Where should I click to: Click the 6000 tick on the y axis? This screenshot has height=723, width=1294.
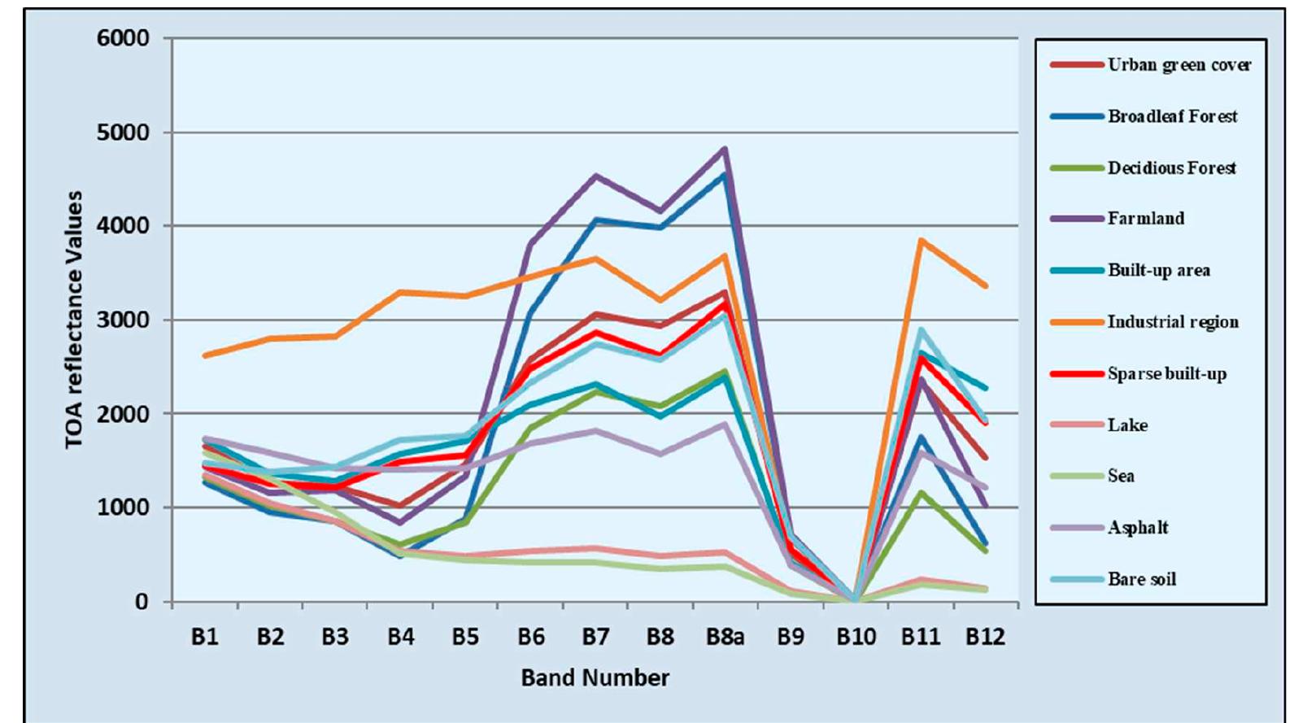click(x=123, y=38)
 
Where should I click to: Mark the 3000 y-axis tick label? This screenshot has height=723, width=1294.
click(x=123, y=320)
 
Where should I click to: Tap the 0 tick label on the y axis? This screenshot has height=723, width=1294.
click(x=142, y=602)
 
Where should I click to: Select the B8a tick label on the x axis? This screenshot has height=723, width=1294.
click(x=725, y=637)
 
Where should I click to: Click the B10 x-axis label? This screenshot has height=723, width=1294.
click(x=856, y=637)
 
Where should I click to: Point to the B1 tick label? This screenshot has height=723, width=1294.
click(x=205, y=637)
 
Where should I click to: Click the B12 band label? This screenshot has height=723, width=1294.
click(x=985, y=637)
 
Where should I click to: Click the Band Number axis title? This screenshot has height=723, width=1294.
click(x=595, y=677)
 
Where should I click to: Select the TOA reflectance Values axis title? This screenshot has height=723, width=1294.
click(x=74, y=320)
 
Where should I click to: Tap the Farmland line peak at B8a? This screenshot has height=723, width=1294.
click(x=724, y=149)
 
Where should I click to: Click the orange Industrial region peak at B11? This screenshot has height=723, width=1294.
click(x=921, y=240)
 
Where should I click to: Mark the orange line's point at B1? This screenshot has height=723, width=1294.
click(x=205, y=355)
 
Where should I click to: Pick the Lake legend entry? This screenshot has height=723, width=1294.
click(x=1126, y=425)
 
